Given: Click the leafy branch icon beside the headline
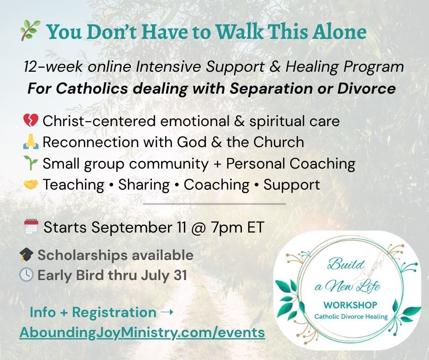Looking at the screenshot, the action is (31, 31).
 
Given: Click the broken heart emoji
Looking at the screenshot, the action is (31, 121).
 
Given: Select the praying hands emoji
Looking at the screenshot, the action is (31, 142).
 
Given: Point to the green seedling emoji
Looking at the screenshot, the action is (31, 163).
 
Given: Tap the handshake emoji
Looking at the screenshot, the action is (31, 185).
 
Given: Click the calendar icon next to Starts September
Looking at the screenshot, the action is (31, 227).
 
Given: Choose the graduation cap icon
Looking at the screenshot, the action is (26, 255).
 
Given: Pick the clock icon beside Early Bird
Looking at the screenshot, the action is (26, 275).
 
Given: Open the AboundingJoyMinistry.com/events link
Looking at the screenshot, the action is (142, 333).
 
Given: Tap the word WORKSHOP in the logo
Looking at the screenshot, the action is (350, 305).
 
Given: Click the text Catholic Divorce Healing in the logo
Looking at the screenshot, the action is (351, 317).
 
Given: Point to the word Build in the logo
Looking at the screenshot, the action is (346, 265).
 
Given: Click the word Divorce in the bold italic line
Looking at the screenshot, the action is (366, 88).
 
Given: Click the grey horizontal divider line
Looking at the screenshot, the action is (214, 204).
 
